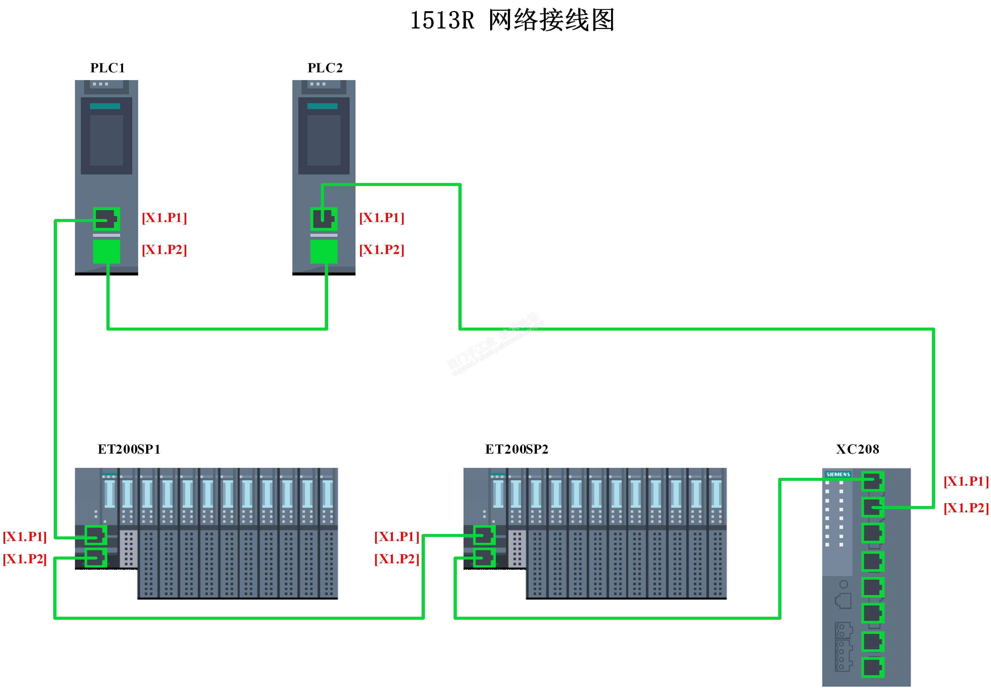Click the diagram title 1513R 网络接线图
point(512,21)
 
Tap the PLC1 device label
point(107,68)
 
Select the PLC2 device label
point(325,68)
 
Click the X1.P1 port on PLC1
point(106,219)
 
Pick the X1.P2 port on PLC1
point(106,251)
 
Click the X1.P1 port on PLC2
point(324,219)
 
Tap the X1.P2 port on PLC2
point(324,251)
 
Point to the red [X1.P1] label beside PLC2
point(382,218)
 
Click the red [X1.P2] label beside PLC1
point(164,250)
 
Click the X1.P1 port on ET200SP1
point(96,535)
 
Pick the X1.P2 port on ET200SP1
point(96,558)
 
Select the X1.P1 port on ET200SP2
point(484,535)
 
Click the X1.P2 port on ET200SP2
point(484,558)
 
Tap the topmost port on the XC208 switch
point(872,481)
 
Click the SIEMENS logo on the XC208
point(838,474)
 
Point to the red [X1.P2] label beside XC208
point(966,508)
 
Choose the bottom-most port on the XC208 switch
point(872,667)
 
